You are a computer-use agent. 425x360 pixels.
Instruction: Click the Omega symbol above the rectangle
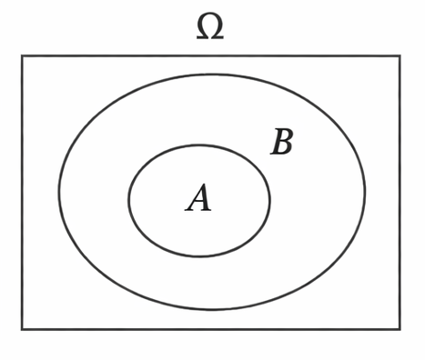coord(210,27)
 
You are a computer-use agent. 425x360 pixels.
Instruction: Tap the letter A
coord(198,198)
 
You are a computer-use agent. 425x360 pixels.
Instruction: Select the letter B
coord(283,143)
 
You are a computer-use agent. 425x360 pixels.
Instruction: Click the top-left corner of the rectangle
coord(23,56)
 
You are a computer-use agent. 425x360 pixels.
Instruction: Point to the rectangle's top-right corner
coord(399,56)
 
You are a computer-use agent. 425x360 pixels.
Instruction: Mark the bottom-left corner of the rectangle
coord(23,328)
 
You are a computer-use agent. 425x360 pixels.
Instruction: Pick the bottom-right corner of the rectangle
coord(399,328)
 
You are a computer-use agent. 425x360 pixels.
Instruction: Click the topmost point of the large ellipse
coord(212,75)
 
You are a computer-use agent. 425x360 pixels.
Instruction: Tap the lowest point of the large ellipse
coord(212,310)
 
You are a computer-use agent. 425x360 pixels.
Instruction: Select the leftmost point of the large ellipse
coord(59,193)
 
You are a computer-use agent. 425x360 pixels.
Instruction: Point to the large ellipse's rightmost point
coord(365,193)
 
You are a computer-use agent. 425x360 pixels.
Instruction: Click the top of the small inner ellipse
coord(199,145)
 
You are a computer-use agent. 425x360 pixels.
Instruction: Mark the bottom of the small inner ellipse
coord(199,256)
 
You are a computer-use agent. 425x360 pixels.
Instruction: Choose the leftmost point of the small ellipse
coord(129,201)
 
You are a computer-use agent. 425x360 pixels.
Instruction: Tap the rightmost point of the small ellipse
coord(269,201)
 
